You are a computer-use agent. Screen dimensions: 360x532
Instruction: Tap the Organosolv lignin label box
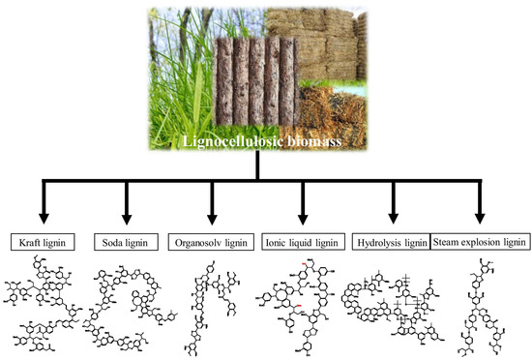[210, 239]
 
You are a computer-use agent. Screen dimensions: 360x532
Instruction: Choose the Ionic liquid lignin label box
[302, 239]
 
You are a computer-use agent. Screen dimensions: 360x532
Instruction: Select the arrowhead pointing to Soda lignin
[126, 220]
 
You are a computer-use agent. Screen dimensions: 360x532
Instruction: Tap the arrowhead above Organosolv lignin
[212, 220]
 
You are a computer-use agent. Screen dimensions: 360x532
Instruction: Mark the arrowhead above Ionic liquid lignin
[303, 220]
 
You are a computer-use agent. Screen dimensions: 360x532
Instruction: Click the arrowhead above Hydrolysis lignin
[393, 220]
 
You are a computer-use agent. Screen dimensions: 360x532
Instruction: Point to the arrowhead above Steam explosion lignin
[481, 220]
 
